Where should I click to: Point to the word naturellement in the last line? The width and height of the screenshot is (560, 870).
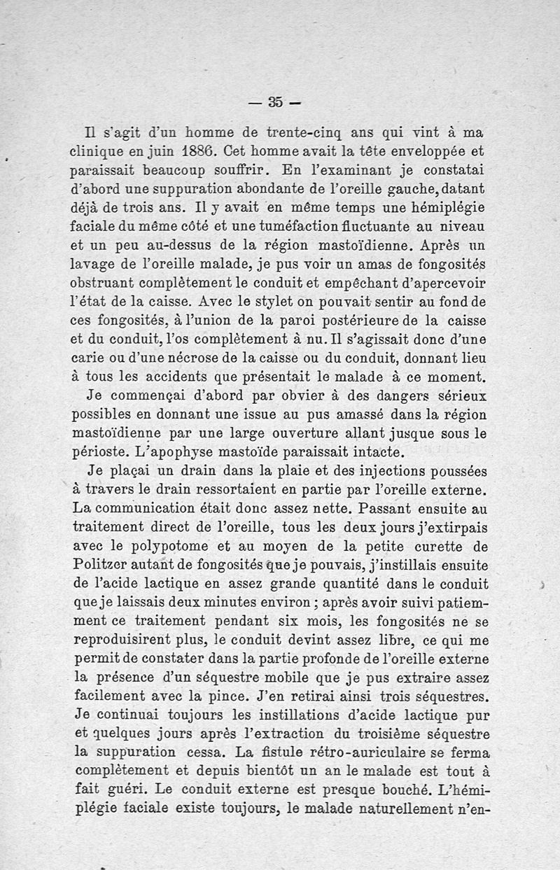pos(396,811)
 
